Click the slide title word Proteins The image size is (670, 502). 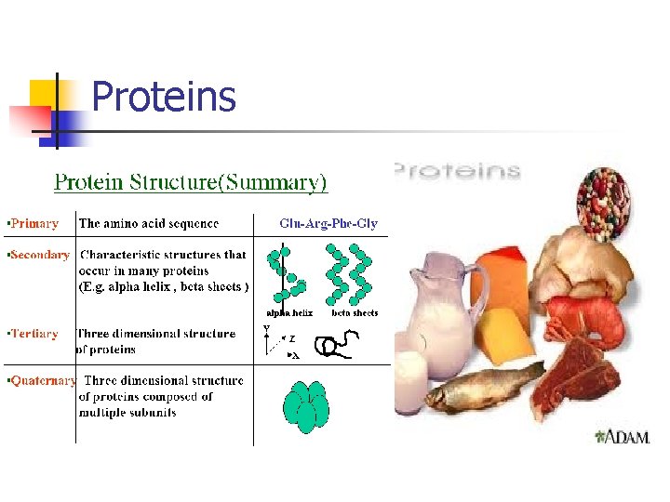click(x=164, y=97)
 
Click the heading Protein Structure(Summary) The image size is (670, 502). click(x=191, y=181)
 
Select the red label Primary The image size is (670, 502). click(x=33, y=223)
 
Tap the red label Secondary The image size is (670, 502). click(x=39, y=255)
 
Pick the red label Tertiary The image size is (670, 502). click(x=34, y=334)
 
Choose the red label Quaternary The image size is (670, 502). click(x=41, y=380)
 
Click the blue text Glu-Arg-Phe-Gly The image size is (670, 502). click(x=328, y=223)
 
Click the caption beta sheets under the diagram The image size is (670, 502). click(x=355, y=313)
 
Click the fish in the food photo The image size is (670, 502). click(x=485, y=383)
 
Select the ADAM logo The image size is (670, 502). click(x=622, y=436)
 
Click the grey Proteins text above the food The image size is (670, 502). click(x=458, y=171)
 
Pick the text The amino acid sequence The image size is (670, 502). click(x=149, y=223)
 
